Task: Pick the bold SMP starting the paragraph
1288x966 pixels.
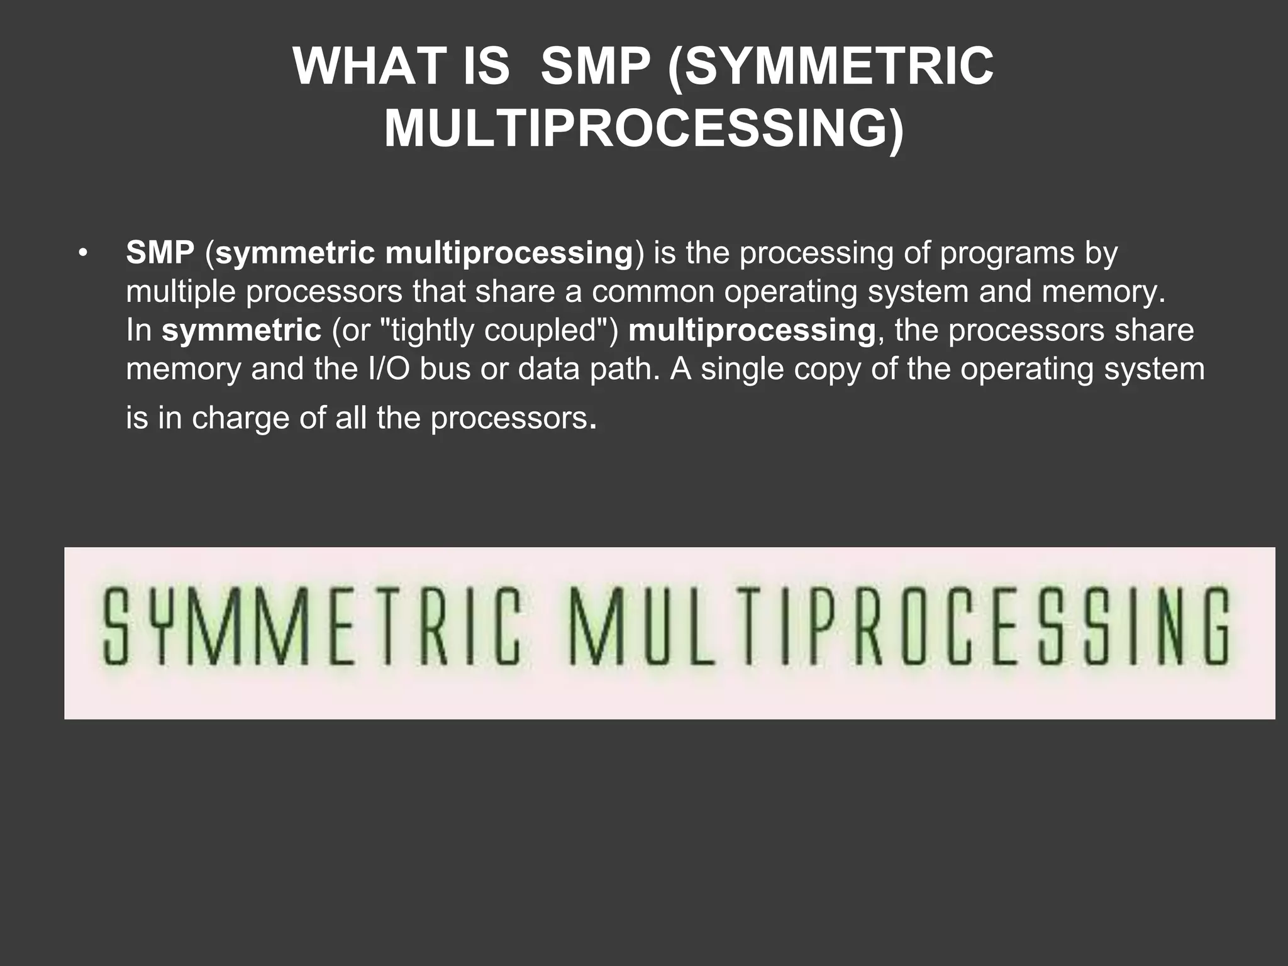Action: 160,253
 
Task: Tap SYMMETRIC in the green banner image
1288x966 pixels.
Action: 311,626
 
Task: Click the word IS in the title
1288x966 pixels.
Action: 486,67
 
